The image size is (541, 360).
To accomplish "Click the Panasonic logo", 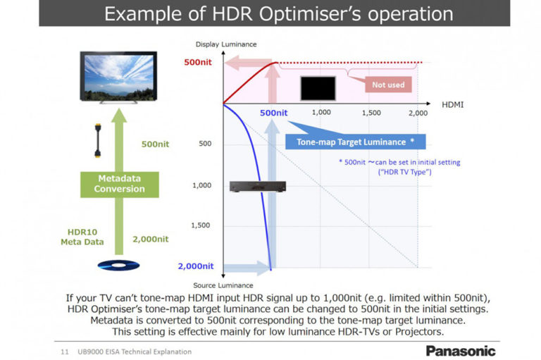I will [461, 350].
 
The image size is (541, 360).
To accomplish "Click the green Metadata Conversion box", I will [119, 183].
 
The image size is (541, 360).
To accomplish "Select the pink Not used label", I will [388, 85].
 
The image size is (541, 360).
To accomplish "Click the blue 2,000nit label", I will [195, 266].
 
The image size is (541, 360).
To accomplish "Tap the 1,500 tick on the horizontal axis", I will [371, 113].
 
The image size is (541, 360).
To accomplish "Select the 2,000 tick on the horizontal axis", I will [418, 113].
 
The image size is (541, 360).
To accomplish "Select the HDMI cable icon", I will [99, 144].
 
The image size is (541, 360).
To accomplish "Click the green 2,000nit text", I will [151, 239].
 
